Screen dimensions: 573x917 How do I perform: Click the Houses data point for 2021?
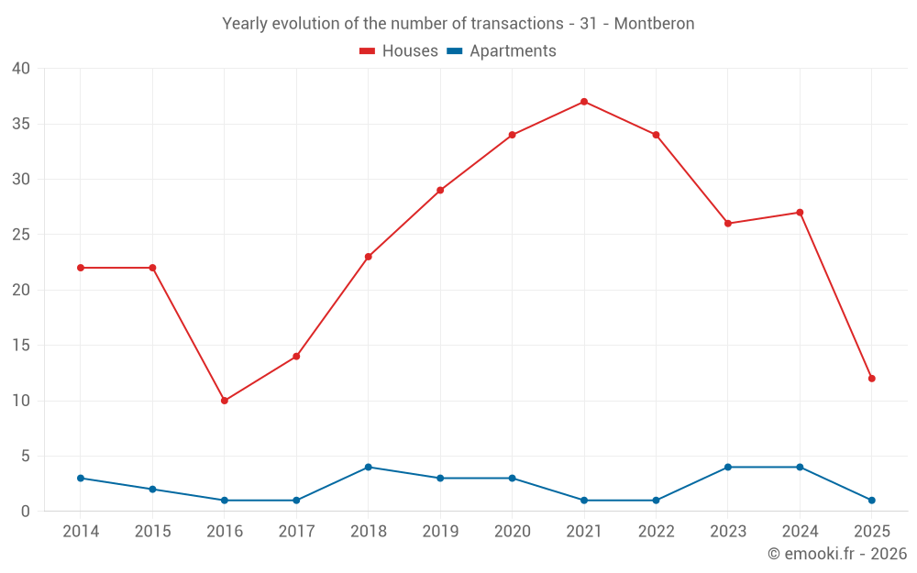(584, 102)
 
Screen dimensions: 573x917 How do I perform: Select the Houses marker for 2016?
(225, 401)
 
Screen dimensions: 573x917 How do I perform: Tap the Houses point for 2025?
(871, 379)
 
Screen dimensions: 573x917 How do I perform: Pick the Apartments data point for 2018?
(369, 467)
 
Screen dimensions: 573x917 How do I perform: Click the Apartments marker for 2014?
(81, 478)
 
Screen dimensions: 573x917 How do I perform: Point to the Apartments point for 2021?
(584, 501)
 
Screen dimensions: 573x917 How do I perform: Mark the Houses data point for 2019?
(440, 190)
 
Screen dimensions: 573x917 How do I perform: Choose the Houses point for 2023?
(728, 224)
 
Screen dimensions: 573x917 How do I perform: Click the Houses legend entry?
(399, 51)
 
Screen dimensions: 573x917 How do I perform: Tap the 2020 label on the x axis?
(512, 532)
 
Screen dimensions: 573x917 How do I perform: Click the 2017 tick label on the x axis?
(296, 532)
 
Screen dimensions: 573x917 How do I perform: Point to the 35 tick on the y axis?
(21, 124)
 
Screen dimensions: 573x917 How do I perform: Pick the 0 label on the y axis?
(26, 512)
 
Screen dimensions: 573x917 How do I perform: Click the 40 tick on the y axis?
(21, 69)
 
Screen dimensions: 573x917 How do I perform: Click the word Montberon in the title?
(654, 24)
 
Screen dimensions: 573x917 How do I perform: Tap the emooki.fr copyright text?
(837, 554)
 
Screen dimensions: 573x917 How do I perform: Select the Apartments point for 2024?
(800, 467)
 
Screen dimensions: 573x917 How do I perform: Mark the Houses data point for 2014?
(81, 268)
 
